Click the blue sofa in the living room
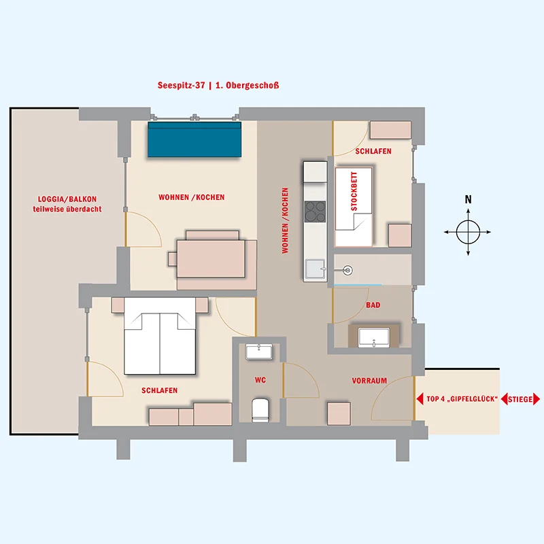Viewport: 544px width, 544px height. coord(194,139)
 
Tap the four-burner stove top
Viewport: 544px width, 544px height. coord(315,211)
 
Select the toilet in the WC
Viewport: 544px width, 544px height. coord(260,409)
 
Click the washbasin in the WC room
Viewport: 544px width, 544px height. coord(259,352)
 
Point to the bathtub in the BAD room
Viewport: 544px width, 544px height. coord(373,337)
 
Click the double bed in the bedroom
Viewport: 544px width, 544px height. coord(160,336)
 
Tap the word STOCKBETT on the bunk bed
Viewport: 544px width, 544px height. coord(354,192)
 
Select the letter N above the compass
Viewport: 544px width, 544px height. coord(468,199)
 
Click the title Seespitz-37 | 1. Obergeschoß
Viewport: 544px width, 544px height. coord(218,86)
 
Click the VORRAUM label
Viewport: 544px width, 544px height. coord(369,381)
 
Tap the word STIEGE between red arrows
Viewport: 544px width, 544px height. coord(520,399)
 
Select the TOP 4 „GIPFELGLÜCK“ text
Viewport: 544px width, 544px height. coord(462,399)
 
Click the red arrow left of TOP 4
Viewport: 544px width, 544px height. coord(420,399)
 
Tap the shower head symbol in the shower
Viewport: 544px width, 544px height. coord(347,270)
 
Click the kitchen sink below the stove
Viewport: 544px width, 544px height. coord(315,269)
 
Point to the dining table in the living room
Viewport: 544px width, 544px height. coord(211,258)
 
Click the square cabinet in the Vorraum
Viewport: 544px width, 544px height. coord(339,413)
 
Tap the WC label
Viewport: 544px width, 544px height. coord(260,380)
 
